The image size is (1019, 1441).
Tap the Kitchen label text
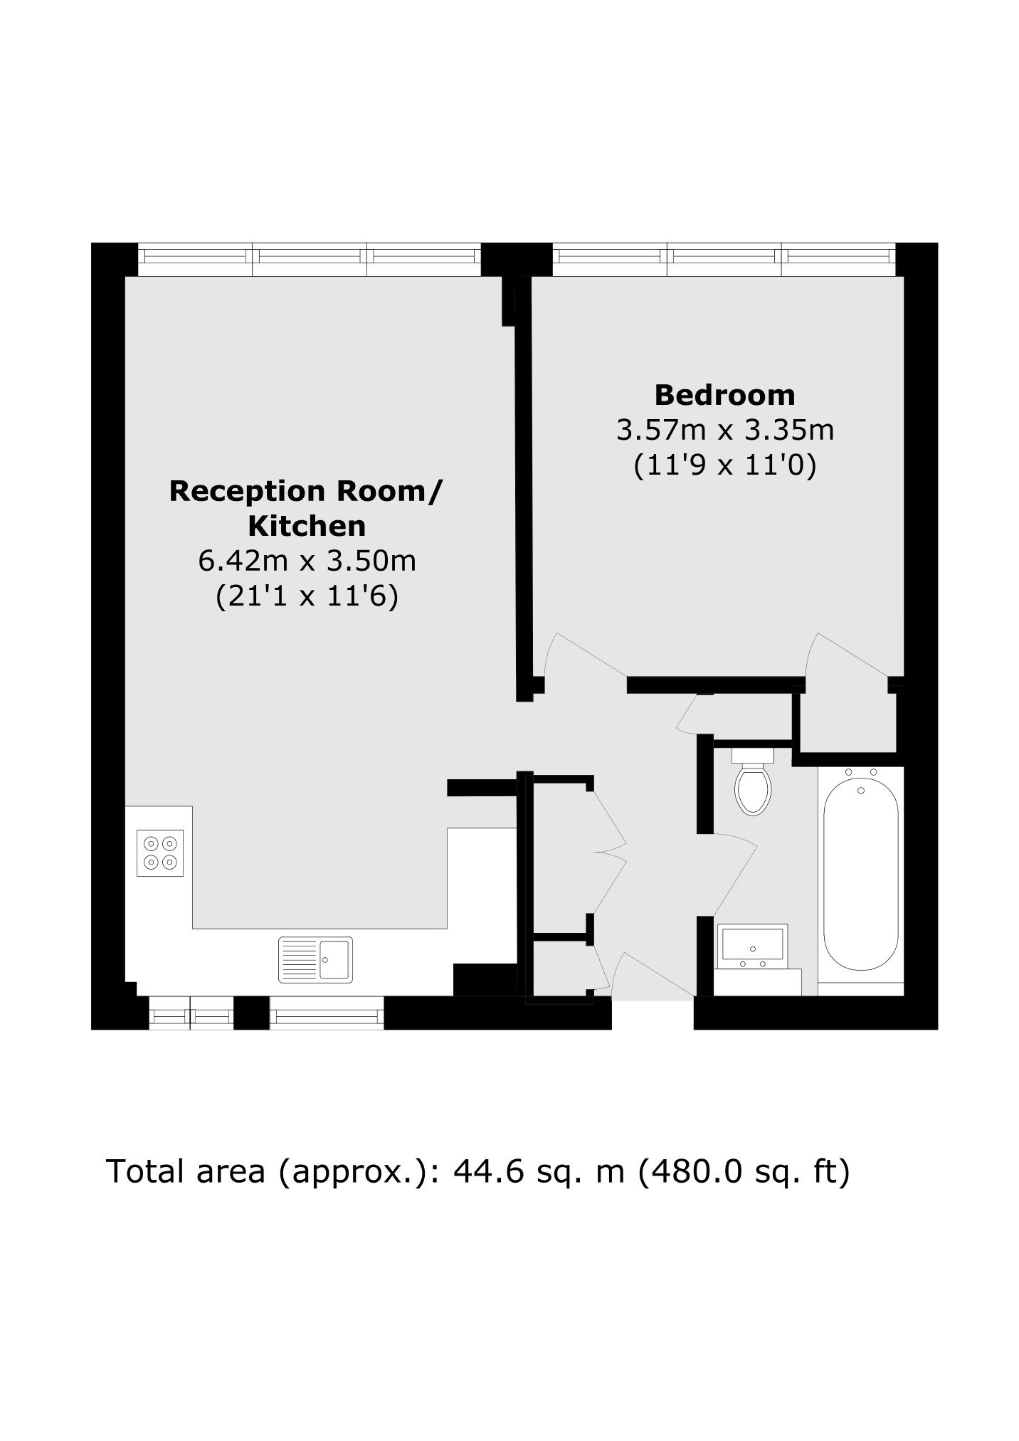[307, 526]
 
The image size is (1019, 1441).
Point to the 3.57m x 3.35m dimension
[724, 430]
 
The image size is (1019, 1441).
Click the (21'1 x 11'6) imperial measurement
[307, 596]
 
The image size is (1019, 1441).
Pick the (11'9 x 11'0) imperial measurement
[724, 465]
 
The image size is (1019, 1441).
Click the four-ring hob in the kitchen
[160, 853]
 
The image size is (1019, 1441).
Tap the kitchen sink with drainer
[315, 959]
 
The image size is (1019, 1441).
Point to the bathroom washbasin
[753, 947]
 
